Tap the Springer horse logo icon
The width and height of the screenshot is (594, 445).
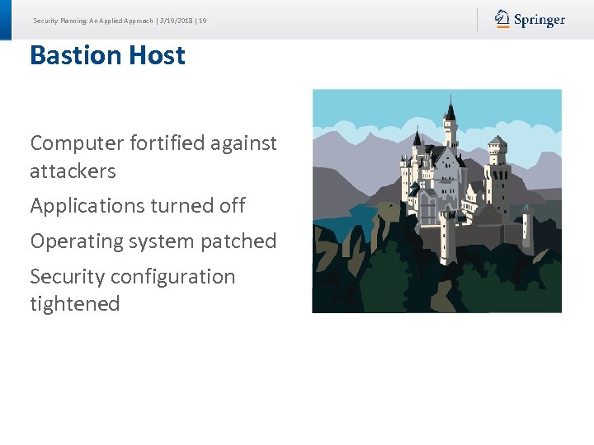click(x=502, y=18)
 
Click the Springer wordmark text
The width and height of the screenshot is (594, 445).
click(x=540, y=20)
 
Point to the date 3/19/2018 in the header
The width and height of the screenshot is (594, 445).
click(x=176, y=20)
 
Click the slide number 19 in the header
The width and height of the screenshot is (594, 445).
click(x=203, y=20)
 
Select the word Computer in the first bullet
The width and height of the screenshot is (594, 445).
click(x=76, y=143)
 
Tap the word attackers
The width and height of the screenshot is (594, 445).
click(x=73, y=171)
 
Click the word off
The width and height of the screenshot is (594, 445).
click(x=232, y=206)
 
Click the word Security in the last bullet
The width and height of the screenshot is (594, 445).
click(x=67, y=277)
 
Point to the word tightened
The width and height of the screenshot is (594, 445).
click(x=75, y=304)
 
